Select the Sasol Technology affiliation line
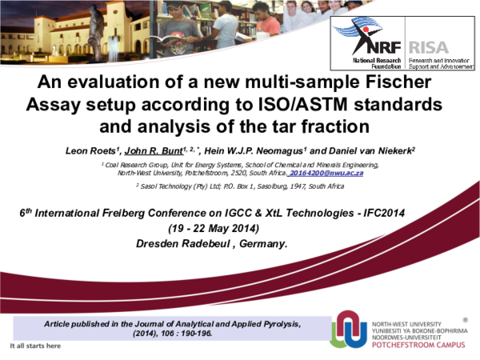(x=240, y=186)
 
